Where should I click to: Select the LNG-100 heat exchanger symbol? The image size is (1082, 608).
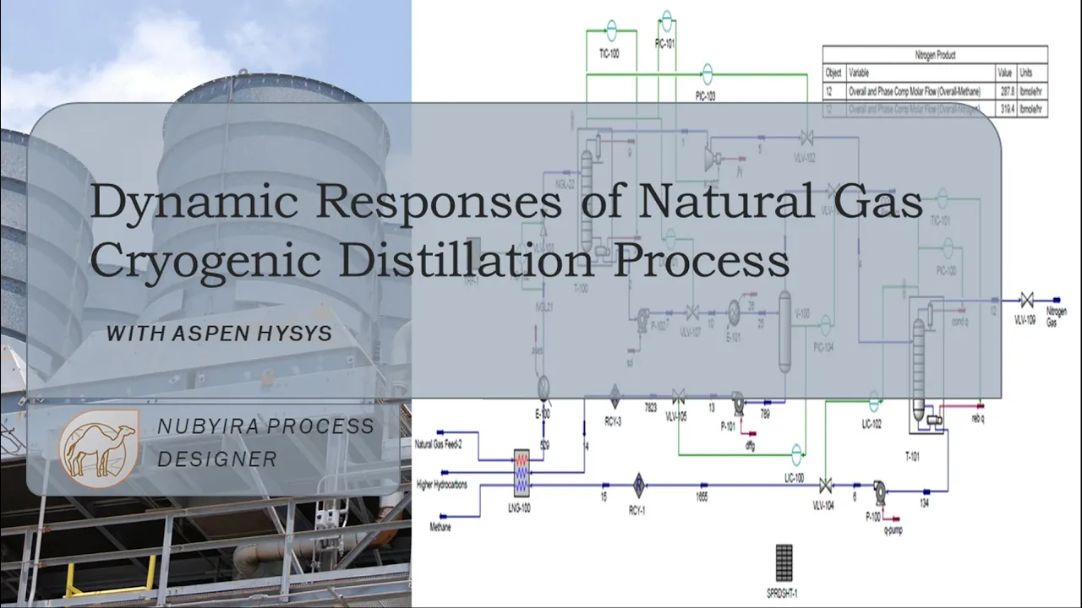pyautogui.click(x=522, y=471)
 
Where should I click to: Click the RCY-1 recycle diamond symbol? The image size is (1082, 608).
pyautogui.click(x=640, y=485)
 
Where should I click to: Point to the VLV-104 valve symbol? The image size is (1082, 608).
pyautogui.click(x=825, y=485)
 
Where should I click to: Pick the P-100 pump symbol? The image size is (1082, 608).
pyautogui.click(x=878, y=489)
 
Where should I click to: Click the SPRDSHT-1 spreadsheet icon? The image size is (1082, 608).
pyautogui.click(x=784, y=562)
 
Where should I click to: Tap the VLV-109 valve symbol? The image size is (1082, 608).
pyautogui.click(x=1026, y=300)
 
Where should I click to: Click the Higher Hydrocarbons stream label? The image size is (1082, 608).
pyautogui.click(x=442, y=485)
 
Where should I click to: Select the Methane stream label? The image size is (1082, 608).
pyautogui.click(x=440, y=527)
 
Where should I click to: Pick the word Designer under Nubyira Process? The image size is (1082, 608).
pyautogui.click(x=216, y=459)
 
